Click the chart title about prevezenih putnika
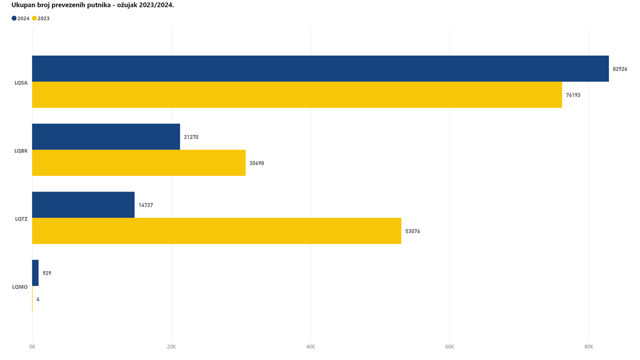click(92, 5)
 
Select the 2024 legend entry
click(20, 18)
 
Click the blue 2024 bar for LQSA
click(320, 68)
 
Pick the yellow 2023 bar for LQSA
click(297, 94)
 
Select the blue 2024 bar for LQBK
click(106, 136)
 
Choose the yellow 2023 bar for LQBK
click(139, 162)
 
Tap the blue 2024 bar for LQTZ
click(83, 204)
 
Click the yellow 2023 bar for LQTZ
click(216, 230)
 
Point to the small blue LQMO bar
click(35, 273)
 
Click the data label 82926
click(620, 69)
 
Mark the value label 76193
click(573, 95)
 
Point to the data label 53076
click(412, 231)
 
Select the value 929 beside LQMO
click(47, 273)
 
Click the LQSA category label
click(21, 82)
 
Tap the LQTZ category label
click(21, 218)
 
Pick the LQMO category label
click(20, 286)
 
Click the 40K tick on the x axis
click(310, 346)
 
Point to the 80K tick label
click(588, 346)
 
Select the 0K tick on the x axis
click(32, 346)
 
